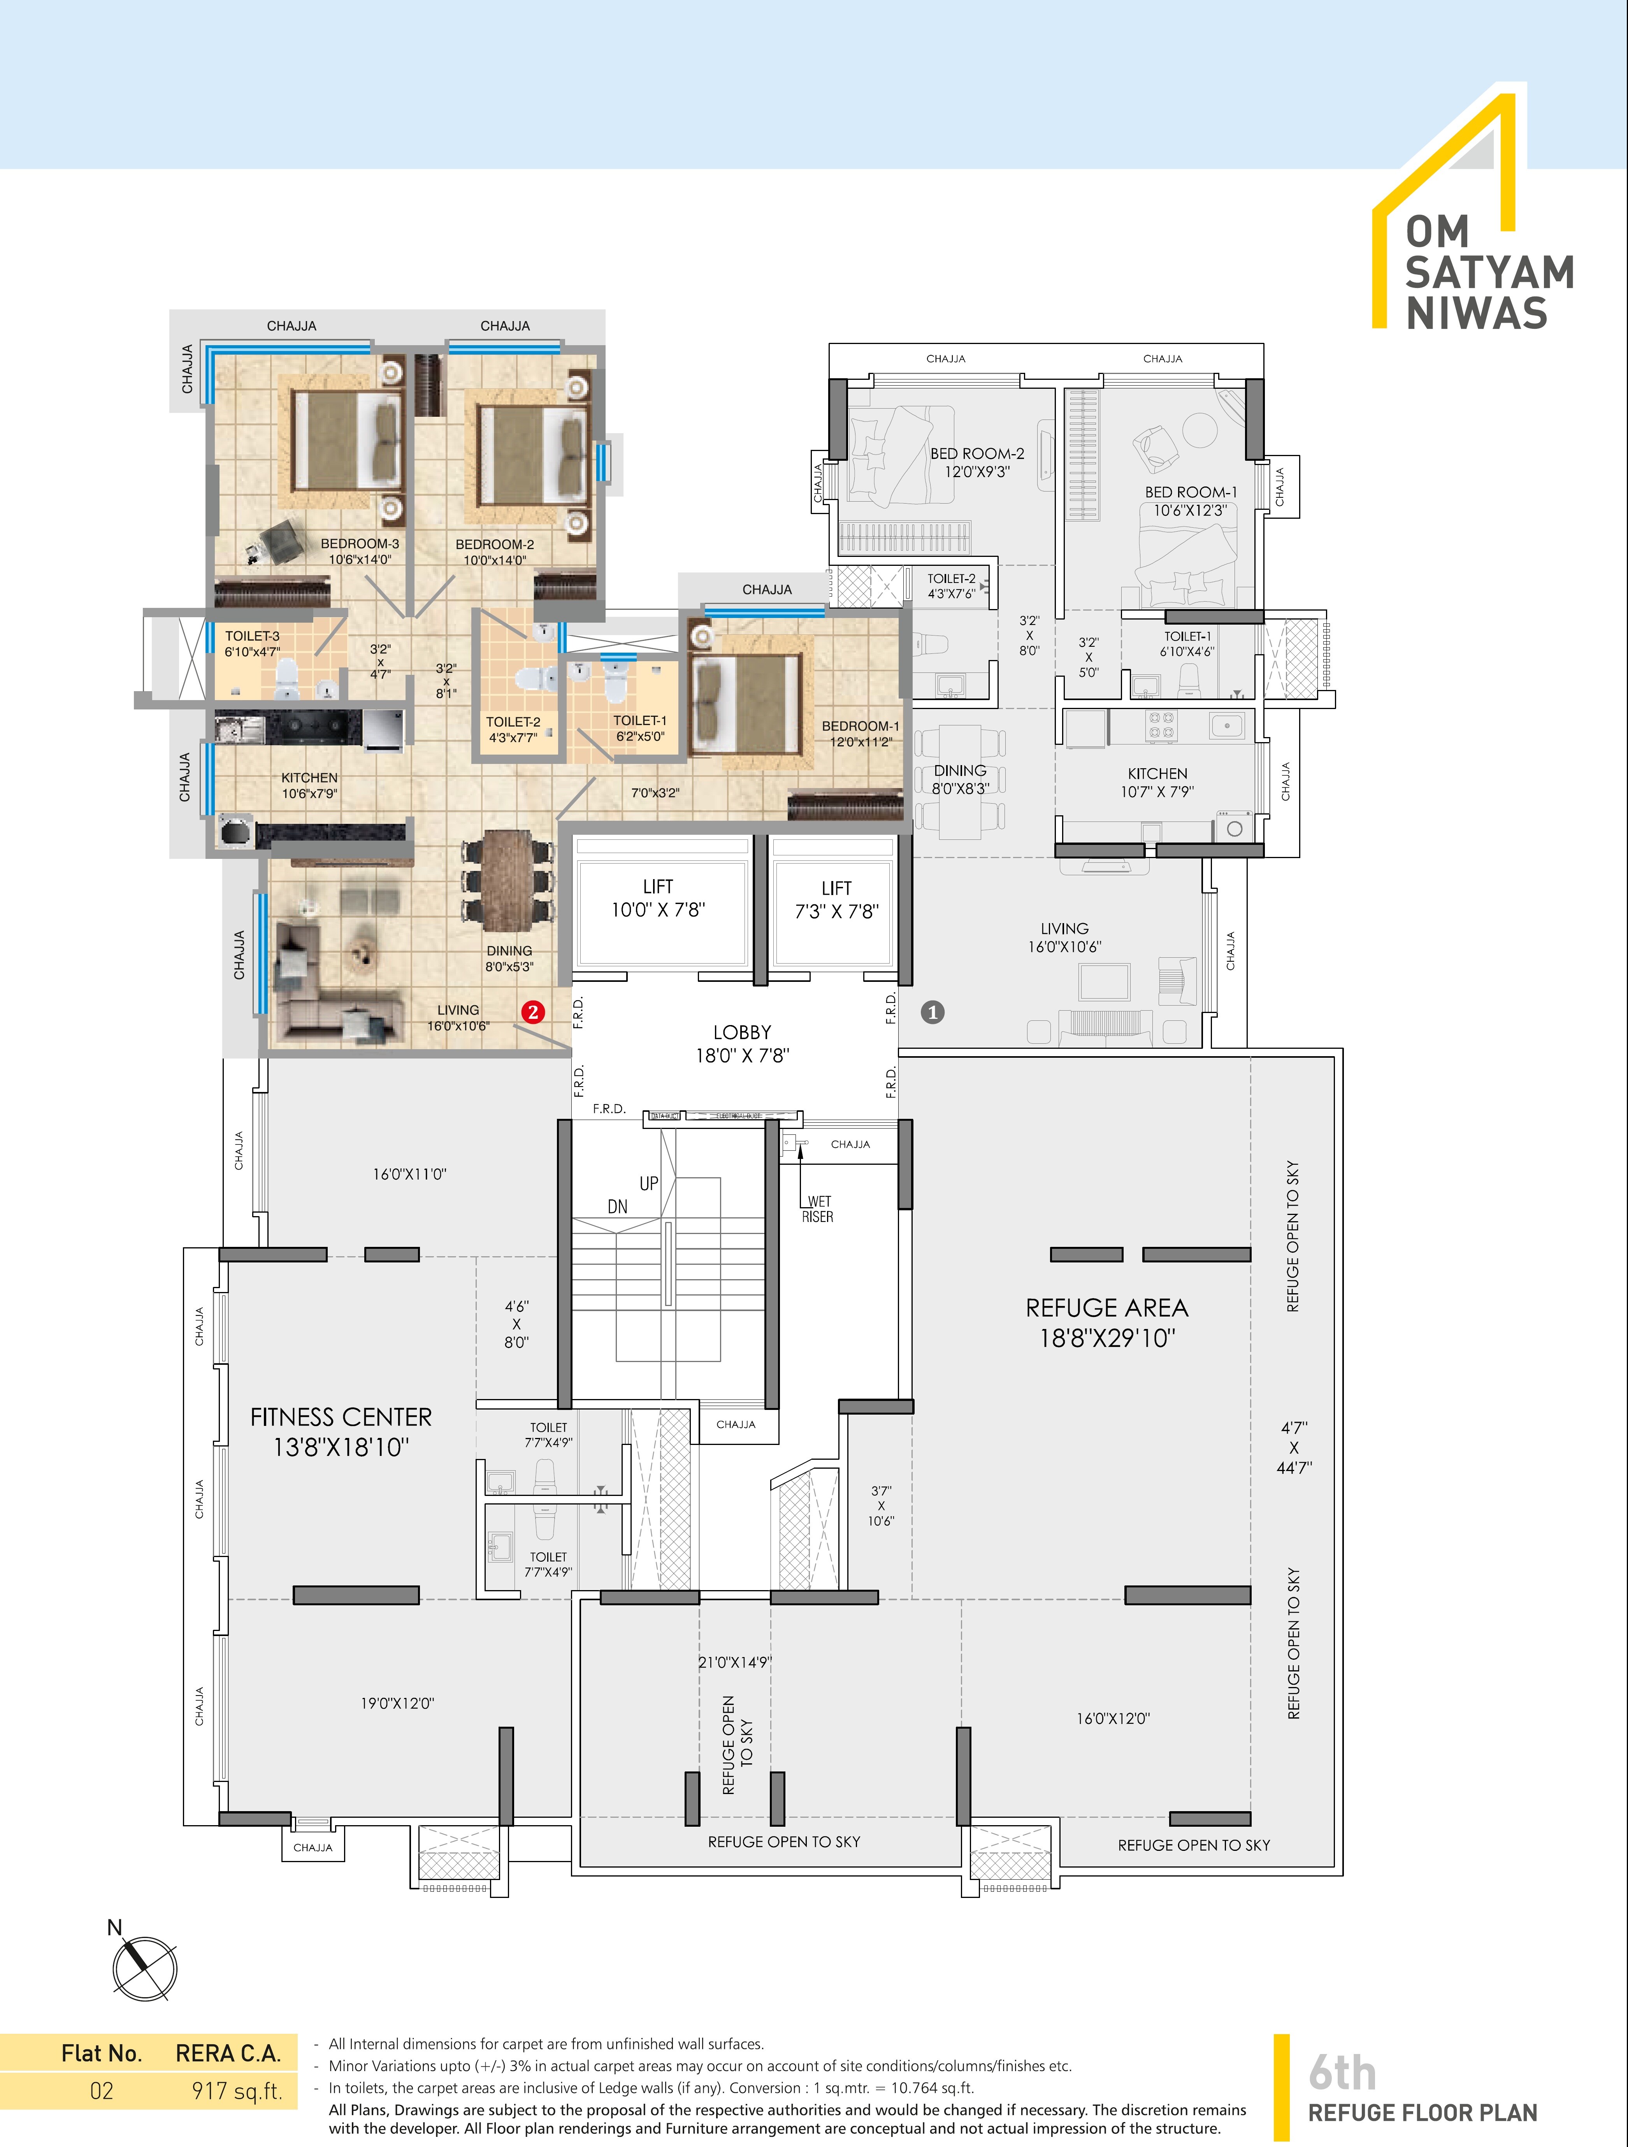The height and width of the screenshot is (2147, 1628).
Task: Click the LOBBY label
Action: [742, 1032]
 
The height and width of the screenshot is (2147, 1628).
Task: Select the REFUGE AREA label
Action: [1107, 1308]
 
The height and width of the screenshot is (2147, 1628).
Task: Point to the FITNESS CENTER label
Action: [341, 1417]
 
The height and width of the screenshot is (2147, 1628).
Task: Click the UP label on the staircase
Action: [648, 1183]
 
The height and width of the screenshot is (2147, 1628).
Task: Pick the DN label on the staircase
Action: [617, 1206]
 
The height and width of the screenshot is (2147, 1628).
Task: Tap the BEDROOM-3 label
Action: [359, 544]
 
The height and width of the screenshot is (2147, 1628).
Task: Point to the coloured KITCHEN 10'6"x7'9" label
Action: [310, 785]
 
